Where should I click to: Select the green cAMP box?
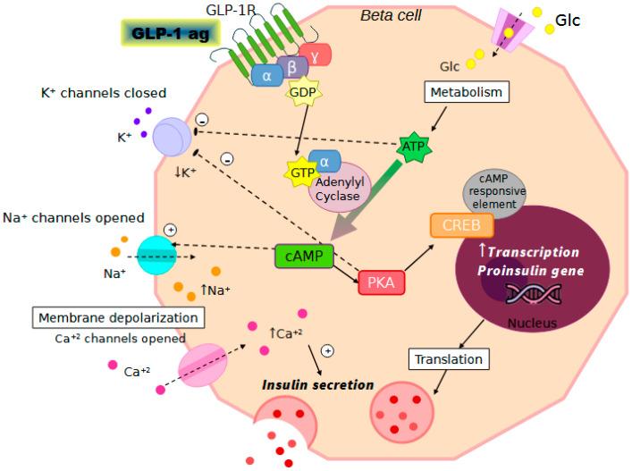coord(304,256)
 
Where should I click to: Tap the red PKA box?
coord(381,282)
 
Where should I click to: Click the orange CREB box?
coord(462,224)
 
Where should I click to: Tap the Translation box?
coord(449,359)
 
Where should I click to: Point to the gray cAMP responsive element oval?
coord(505,190)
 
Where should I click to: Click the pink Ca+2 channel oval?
coord(203,367)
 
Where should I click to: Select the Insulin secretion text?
coord(317,385)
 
